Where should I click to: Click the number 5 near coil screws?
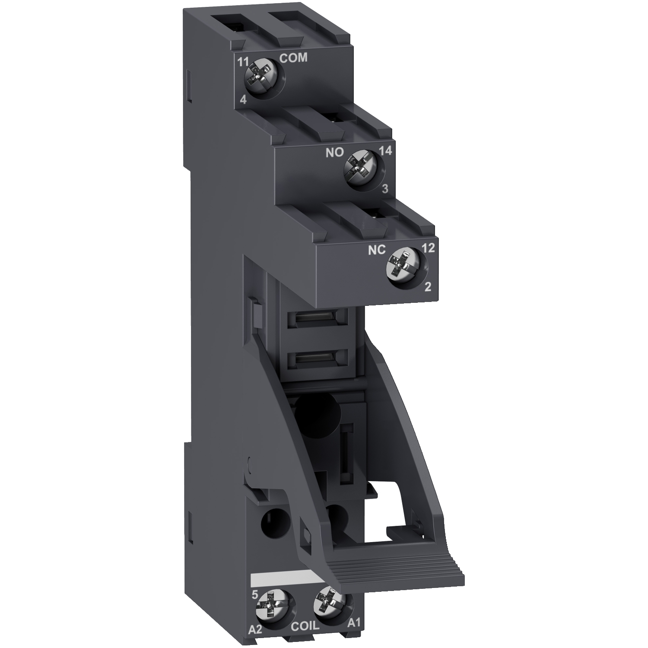point(254,595)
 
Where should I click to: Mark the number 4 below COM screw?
point(243,100)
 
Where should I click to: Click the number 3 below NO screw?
point(385,188)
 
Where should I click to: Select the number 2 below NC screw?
point(428,287)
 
